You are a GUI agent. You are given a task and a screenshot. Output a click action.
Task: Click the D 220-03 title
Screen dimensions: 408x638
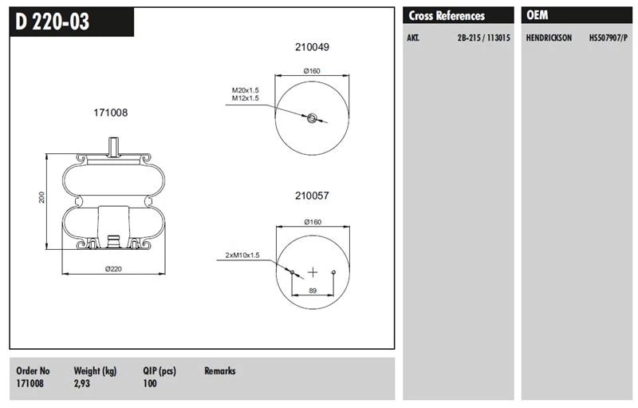(x=53, y=22)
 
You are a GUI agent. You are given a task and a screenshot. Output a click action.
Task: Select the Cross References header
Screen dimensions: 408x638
(x=447, y=15)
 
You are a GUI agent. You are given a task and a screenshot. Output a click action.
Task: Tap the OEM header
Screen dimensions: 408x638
(x=538, y=15)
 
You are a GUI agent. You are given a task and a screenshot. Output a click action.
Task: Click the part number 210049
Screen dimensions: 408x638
(x=312, y=47)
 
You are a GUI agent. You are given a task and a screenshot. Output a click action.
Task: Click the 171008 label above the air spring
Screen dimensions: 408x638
(x=111, y=113)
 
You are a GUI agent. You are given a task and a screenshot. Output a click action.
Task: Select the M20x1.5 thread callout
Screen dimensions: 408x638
(x=246, y=90)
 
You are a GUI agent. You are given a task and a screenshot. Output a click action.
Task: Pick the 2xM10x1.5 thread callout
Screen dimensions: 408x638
(x=242, y=255)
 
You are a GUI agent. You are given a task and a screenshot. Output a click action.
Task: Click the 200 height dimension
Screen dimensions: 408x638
(x=41, y=197)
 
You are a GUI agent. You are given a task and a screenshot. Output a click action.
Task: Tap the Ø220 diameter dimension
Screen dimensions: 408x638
(x=112, y=269)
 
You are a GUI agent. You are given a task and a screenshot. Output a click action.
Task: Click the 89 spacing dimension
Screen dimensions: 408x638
(x=313, y=291)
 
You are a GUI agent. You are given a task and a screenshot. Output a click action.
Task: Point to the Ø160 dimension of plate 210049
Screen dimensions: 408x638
(x=312, y=71)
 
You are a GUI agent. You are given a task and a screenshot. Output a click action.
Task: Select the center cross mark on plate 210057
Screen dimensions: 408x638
(x=313, y=271)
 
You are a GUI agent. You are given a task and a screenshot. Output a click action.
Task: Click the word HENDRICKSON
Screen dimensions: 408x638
(x=549, y=38)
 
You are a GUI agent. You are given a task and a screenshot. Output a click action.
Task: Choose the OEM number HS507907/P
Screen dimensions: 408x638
(x=608, y=38)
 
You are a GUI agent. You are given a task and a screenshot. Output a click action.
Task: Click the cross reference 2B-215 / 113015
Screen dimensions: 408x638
(x=483, y=38)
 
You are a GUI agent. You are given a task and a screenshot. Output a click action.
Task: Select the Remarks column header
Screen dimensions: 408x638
(x=220, y=370)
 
